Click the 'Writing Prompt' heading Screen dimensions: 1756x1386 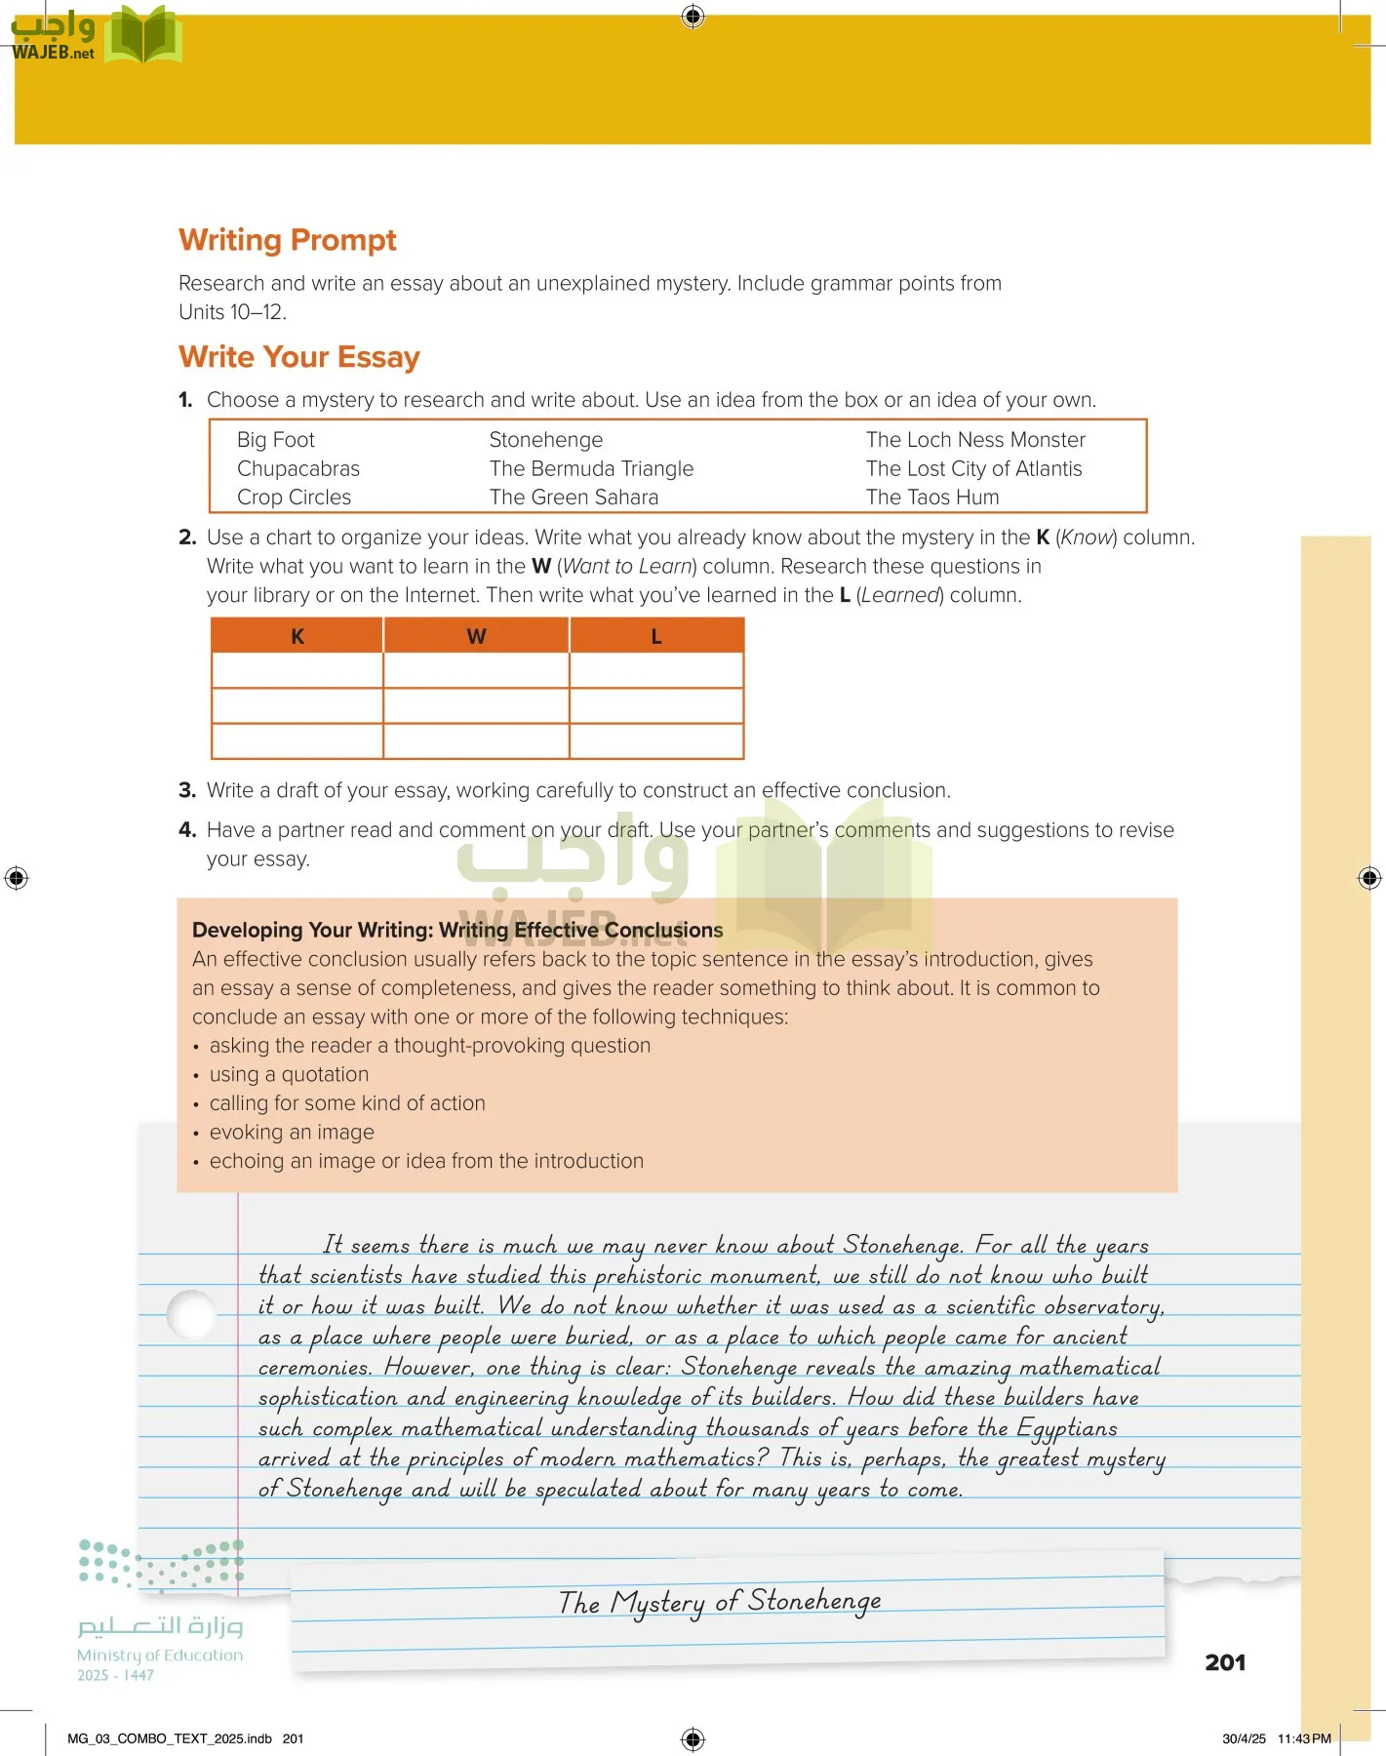click(287, 240)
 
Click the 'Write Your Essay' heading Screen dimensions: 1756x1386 click(298, 357)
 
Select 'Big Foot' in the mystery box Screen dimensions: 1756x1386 click(275, 440)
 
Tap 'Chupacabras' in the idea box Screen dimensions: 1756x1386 click(297, 469)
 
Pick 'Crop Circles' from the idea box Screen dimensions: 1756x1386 click(294, 498)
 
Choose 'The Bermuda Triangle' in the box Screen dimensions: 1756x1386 click(591, 469)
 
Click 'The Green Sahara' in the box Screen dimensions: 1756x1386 click(574, 498)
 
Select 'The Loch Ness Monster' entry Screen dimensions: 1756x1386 click(974, 440)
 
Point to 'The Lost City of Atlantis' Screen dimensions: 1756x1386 click(973, 469)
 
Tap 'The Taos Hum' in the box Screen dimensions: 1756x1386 click(931, 498)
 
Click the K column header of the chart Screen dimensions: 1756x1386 click(297, 636)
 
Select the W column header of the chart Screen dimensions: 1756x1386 click(476, 636)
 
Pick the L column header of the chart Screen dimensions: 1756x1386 click(656, 636)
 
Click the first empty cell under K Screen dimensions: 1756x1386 click(297, 670)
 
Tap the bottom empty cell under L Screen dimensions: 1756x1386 click(656, 741)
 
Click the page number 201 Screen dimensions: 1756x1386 click(1224, 1662)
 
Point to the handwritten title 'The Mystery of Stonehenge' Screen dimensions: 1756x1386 click(720, 1602)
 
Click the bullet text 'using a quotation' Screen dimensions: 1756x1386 click(289, 1074)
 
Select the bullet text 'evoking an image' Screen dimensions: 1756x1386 click(292, 1132)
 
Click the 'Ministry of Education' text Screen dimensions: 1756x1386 click(160, 1655)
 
